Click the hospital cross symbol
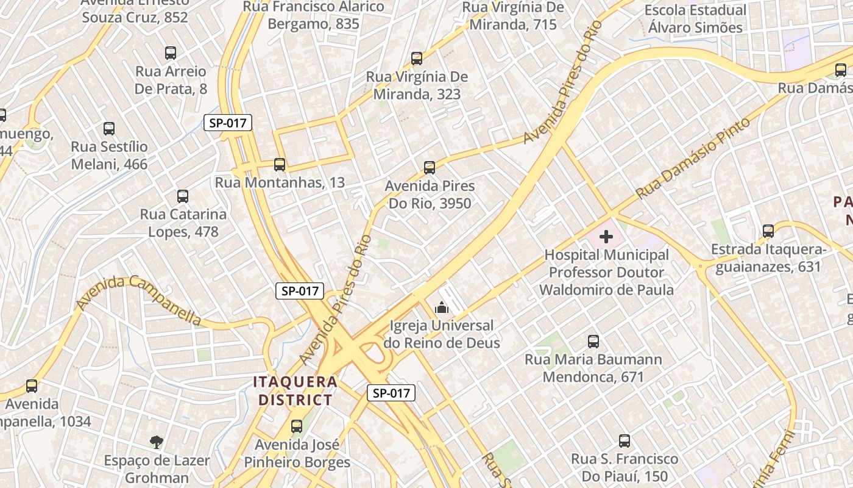606,236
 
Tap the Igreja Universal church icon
442,307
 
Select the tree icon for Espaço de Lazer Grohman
157,442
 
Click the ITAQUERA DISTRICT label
295,391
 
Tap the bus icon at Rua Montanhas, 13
280,164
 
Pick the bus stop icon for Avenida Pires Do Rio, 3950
430,168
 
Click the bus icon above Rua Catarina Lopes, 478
183,196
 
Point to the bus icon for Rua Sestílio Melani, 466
109,129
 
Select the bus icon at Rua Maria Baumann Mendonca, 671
593,342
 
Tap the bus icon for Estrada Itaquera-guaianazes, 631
768,231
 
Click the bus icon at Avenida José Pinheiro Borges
297,426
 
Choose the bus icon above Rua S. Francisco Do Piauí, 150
625,441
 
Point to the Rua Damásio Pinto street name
693,159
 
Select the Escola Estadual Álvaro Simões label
695,19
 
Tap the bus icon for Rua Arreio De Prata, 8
171,53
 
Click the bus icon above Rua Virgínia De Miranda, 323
417,59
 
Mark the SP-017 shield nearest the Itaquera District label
391,393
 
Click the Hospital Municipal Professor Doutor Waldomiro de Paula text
606,272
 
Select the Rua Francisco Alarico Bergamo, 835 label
314,15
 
